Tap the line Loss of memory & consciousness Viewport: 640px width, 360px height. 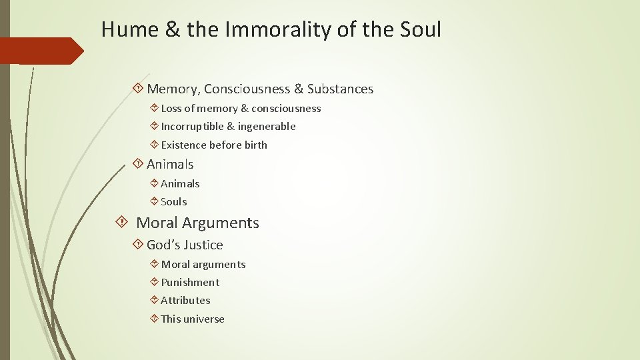[x=241, y=108]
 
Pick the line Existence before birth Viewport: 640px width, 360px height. [x=214, y=145]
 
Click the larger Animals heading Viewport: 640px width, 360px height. [x=170, y=164]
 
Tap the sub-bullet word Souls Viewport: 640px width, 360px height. [x=174, y=201]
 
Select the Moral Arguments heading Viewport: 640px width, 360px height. [x=197, y=223]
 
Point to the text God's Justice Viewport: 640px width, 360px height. [x=185, y=245]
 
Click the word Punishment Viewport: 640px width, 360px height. [x=190, y=282]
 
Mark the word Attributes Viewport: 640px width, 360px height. [x=185, y=300]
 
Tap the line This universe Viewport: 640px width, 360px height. [x=193, y=319]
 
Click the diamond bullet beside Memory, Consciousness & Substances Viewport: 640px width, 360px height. [x=138, y=89]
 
